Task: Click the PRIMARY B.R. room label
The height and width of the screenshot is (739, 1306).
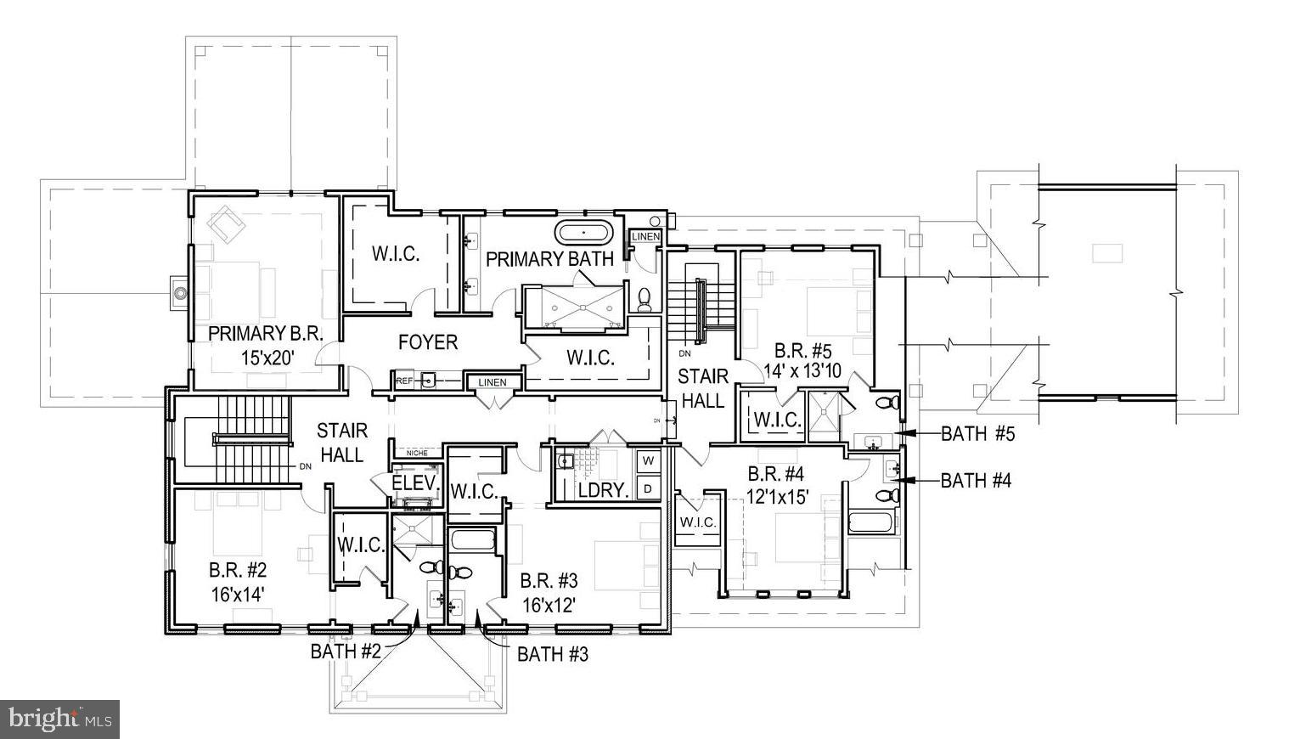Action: pyautogui.click(x=266, y=333)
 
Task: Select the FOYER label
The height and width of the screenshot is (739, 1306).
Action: pyautogui.click(x=428, y=342)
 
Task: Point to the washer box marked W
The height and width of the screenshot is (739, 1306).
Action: pyautogui.click(x=648, y=460)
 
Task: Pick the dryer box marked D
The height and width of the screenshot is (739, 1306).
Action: pyautogui.click(x=648, y=488)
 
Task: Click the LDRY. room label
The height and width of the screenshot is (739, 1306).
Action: pyautogui.click(x=602, y=490)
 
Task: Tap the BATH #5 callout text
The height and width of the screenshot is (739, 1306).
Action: pyautogui.click(x=977, y=434)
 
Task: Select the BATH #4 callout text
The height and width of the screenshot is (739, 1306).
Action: pyautogui.click(x=976, y=481)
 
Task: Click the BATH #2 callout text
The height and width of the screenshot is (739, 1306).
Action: pyautogui.click(x=346, y=652)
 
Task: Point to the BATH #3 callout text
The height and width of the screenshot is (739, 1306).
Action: pyautogui.click(x=553, y=654)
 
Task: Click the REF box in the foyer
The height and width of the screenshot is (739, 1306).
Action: pyautogui.click(x=405, y=381)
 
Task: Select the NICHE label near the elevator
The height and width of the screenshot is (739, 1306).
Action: pyautogui.click(x=417, y=453)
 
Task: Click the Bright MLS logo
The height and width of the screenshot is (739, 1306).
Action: pyautogui.click(x=59, y=719)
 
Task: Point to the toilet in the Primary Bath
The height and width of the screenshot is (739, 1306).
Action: pyautogui.click(x=645, y=298)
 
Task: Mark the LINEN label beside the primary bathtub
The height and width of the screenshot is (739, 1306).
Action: pyautogui.click(x=645, y=236)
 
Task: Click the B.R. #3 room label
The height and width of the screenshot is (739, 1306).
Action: pyautogui.click(x=549, y=581)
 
